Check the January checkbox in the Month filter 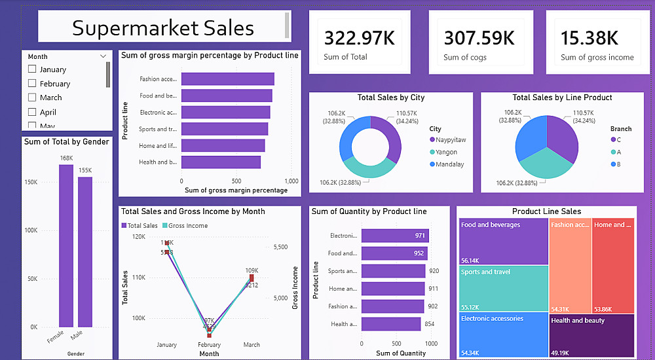pos(32,69)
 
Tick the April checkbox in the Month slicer pos(32,112)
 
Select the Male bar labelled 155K pos(85,252)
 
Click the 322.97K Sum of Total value pos(360,38)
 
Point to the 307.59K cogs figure pos(479,38)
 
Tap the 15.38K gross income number pos(589,38)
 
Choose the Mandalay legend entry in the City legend pos(449,164)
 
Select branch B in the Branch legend pos(616,164)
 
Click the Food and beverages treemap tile pos(503,240)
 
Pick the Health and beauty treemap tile pos(592,335)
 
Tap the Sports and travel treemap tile pos(503,288)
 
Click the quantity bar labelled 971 pos(394,236)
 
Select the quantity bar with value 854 pos(391,324)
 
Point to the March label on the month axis pos(252,345)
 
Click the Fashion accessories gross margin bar pos(227,79)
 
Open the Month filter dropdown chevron pos(103,57)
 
